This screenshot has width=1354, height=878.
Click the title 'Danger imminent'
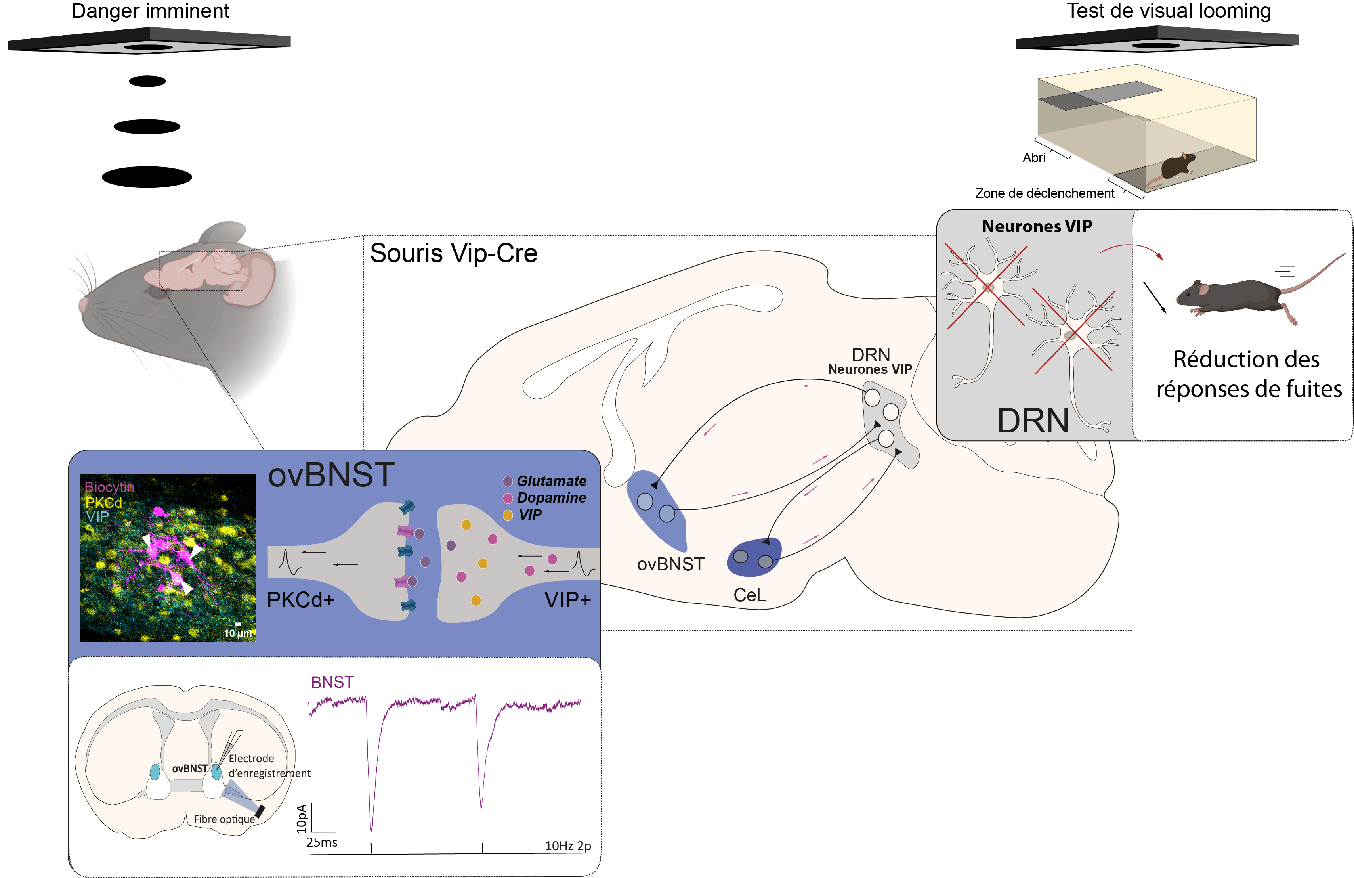click(150, 11)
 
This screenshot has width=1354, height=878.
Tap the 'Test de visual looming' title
click(1168, 11)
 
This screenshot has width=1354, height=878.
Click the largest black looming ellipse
click(147, 177)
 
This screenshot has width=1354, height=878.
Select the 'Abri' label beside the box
click(1034, 158)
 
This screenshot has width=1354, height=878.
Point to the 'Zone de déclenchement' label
click(1045, 193)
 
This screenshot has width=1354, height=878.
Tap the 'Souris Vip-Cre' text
click(453, 253)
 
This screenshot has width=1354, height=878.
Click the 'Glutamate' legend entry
click(551, 481)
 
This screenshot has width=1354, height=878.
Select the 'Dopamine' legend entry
click(551, 498)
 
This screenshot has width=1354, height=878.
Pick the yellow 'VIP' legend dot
click(508, 515)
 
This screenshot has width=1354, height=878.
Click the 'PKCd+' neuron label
click(300, 600)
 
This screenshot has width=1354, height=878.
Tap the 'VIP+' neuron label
click(567, 600)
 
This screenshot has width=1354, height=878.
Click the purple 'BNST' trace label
click(332, 682)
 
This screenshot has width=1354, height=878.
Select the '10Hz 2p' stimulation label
click(567, 845)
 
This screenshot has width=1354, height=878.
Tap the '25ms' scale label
click(322, 842)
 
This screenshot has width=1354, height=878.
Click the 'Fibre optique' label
click(224, 819)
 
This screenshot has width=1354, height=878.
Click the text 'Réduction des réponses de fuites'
click(1249, 374)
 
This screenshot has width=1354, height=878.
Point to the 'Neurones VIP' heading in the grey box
click(1037, 226)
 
